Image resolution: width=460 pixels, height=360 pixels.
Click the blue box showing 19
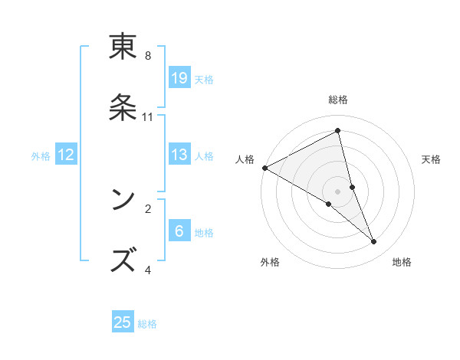(179, 77)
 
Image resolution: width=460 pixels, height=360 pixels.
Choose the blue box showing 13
(179, 155)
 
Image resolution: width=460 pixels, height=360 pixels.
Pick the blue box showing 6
(179, 231)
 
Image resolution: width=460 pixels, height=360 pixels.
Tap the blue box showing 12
(66, 155)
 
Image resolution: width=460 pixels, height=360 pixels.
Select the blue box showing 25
(123, 322)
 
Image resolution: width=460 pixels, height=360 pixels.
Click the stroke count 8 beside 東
(148, 55)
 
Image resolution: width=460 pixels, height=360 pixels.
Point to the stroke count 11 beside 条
(148, 116)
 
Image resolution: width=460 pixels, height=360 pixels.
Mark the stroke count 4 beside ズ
(148, 270)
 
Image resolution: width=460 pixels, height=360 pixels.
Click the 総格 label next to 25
(147, 324)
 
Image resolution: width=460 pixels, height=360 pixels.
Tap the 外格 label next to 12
(41, 155)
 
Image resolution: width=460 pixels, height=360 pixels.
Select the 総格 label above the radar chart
(337, 100)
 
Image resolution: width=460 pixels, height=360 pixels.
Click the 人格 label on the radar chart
(245, 159)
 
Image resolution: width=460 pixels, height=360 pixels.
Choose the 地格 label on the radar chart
(402, 262)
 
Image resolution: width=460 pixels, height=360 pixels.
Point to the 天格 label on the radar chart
(431, 159)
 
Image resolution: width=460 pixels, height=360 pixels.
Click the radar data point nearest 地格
(374, 242)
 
